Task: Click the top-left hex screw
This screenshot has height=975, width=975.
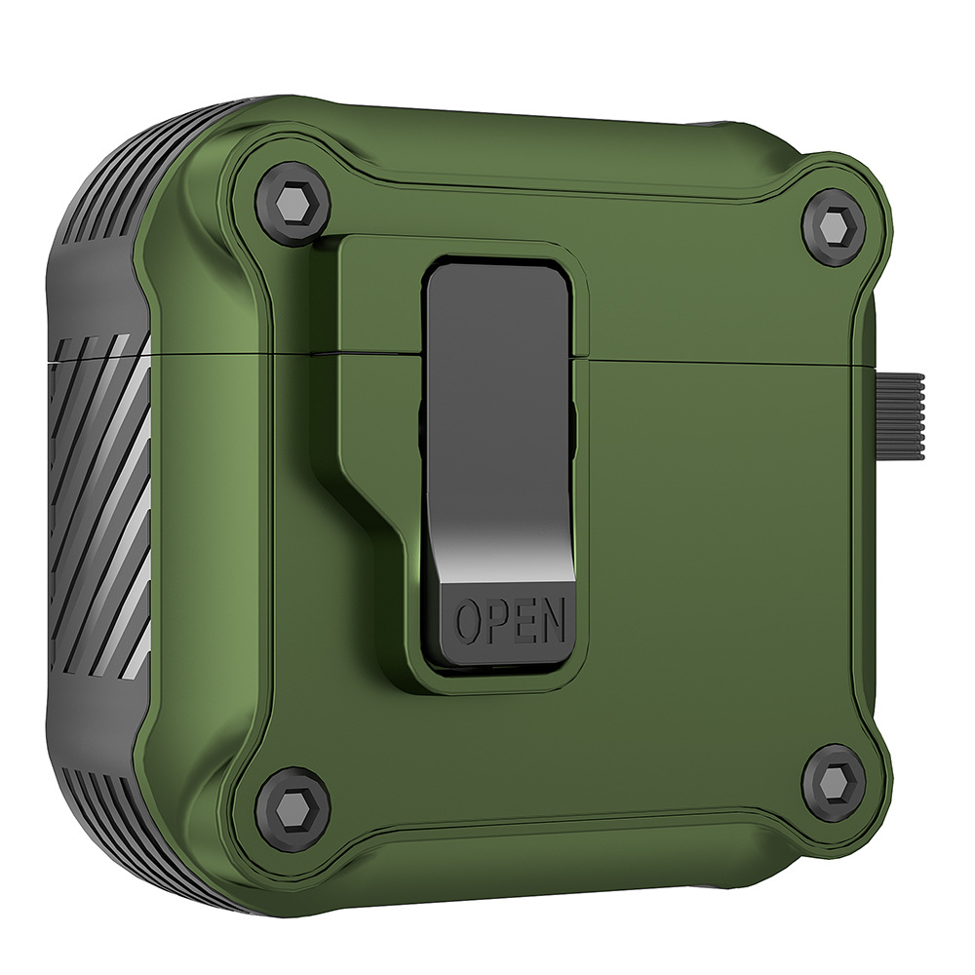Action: (x=292, y=200)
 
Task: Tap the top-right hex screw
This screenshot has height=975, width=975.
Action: (x=834, y=228)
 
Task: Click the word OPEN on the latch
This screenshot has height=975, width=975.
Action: (x=511, y=620)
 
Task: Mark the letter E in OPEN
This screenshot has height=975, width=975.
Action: (x=524, y=620)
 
